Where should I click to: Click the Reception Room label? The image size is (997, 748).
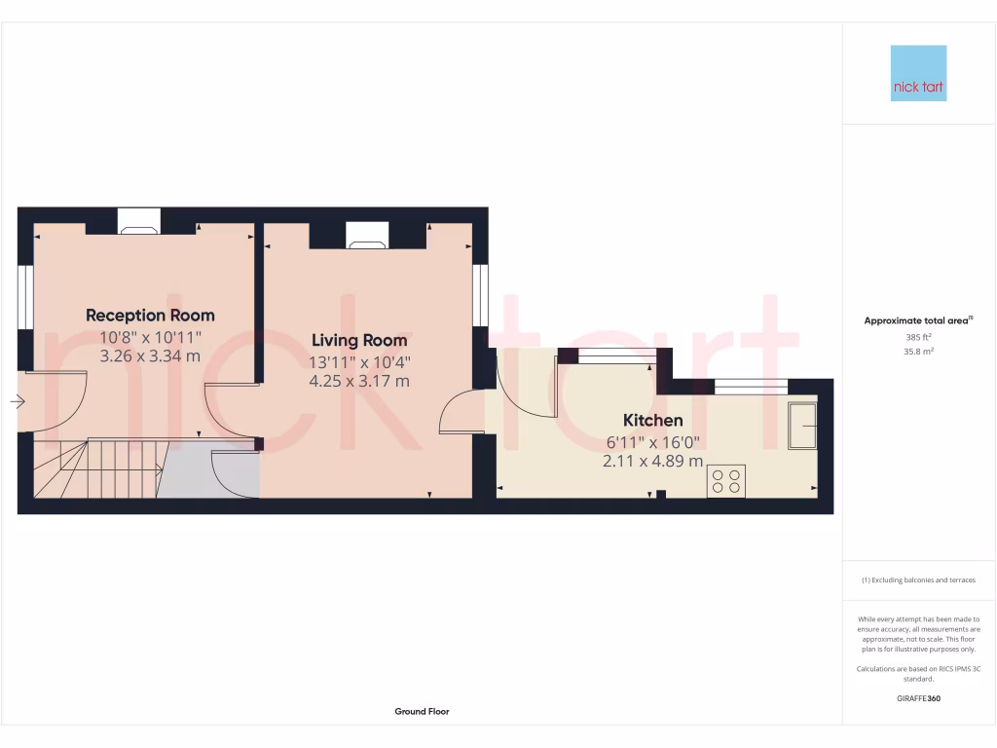click(x=150, y=316)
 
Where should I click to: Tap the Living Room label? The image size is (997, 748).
click(x=359, y=341)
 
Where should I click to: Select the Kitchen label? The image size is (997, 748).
click(x=652, y=421)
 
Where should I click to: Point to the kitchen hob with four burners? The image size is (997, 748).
click(x=725, y=481)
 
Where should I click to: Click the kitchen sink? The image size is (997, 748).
click(x=802, y=425)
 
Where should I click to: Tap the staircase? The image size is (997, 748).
click(x=97, y=468)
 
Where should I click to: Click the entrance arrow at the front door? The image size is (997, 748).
click(x=18, y=400)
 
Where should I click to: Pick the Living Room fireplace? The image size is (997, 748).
click(x=367, y=234)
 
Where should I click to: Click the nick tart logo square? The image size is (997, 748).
click(x=918, y=73)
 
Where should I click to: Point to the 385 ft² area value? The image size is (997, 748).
click(x=919, y=337)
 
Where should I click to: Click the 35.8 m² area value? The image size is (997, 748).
click(x=919, y=351)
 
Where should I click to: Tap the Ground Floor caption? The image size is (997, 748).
click(x=422, y=712)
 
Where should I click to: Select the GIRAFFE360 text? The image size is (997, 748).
click(x=919, y=698)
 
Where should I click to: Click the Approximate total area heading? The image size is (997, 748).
click(x=919, y=320)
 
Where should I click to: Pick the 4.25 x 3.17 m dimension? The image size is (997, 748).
click(x=359, y=381)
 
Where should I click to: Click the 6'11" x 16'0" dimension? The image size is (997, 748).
click(x=652, y=442)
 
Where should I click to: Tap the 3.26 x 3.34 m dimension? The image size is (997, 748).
click(x=150, y=355)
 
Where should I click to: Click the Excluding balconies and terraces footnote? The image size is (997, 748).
click(x=919, y=580)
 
